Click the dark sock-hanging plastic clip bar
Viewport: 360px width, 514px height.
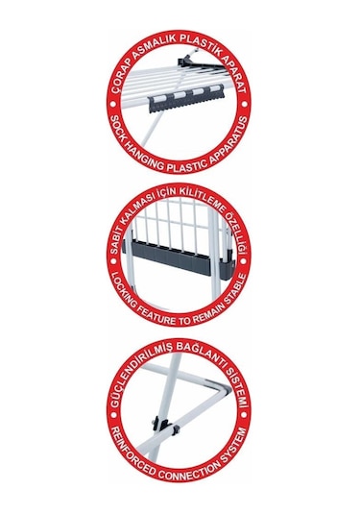pos(187,98)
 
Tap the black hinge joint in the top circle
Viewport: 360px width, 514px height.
pos(185,61)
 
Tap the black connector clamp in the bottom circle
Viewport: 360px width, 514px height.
pos(166,426)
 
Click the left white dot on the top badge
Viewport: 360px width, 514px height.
pos(113,105)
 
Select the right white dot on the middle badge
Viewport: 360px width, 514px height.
pos(244,261)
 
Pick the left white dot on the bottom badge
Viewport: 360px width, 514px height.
pos(113,416)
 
